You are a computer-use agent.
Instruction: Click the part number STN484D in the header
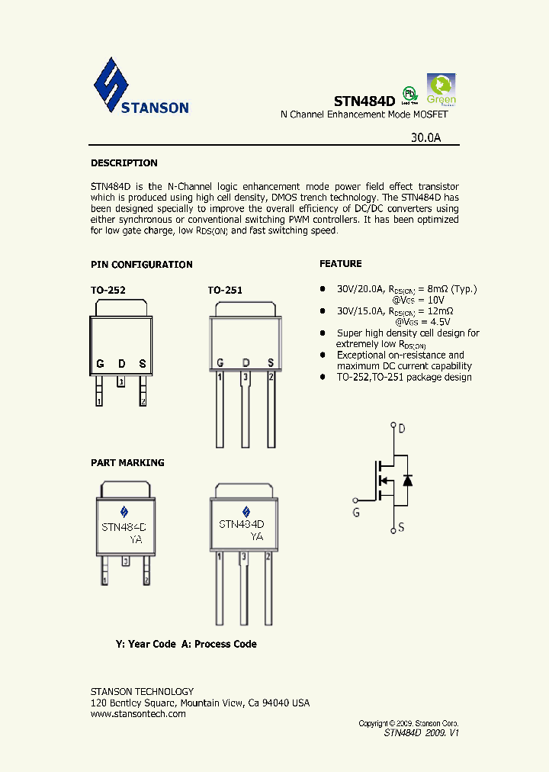coord(364,101)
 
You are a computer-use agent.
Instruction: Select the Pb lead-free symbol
coord(410,94)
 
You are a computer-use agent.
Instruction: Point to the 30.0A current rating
coord(425,138)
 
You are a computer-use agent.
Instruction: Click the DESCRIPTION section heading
coord(124,163)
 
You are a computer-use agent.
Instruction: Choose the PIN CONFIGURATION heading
coord(142,265)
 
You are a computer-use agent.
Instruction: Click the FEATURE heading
coord(340,264)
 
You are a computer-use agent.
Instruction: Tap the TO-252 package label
coord(108,291)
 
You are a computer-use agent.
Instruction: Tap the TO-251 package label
coord(225,291)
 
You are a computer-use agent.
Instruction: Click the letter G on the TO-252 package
coord(100,363)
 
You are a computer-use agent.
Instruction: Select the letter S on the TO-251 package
coord(270,362)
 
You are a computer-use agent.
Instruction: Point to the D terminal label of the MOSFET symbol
coord(402,429)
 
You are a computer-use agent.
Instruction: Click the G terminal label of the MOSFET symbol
coord(356,513)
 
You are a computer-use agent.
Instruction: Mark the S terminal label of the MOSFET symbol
coord(401,527)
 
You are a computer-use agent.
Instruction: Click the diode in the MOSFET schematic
coord(407,480)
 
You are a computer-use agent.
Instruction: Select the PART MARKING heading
coord(127,463)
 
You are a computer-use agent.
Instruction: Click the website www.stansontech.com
coord(138,714)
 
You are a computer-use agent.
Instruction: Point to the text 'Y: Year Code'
coord(146,644)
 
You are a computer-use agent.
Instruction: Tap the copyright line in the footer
coord(409,722)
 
